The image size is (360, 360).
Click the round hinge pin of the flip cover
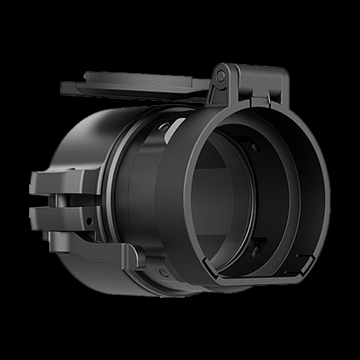(x=221, y=76)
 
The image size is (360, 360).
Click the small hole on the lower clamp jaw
(x=89, y=220)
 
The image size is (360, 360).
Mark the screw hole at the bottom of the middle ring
(x=164, y=273)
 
